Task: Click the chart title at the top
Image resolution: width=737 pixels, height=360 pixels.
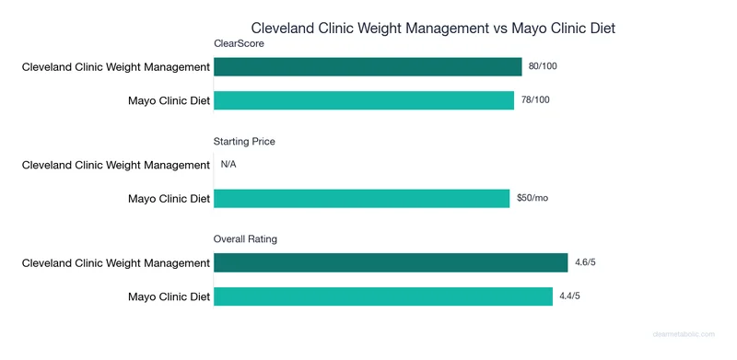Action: click(x=433, y=29)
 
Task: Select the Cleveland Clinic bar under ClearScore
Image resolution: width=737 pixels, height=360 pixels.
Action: click(x=368, y=67)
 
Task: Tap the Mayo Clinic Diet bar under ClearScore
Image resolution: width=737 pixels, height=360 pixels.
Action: click(x=364, y=100)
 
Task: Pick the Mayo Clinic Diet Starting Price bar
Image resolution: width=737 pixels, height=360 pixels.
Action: click(x=361, y=199)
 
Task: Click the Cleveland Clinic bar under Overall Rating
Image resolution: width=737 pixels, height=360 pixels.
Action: click(x=391, y=263)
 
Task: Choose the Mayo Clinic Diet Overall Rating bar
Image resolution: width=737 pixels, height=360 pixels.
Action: click(x=383, y=296)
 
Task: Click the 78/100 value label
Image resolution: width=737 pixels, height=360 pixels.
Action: click(x=537, y=100)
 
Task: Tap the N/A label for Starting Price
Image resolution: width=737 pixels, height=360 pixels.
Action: click(x=230, y=166)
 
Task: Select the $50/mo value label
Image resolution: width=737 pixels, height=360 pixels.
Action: click(x=532, y=199)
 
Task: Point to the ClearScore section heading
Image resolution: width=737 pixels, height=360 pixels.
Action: click(x=239, y=43)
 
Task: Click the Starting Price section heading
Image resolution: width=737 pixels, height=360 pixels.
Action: click(x=244, y=142)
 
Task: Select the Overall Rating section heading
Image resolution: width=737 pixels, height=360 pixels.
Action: click(x=246, y=239)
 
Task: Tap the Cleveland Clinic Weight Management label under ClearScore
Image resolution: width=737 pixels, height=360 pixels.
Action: click(x=116, y=67)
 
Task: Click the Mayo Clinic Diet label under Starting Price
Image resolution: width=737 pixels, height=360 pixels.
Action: click(x=169, y=199)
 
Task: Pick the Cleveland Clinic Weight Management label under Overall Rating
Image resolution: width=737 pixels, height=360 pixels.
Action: click(x=116, y=263)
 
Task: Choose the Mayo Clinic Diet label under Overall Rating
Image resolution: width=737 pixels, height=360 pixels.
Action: click(x=169, y=296)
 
